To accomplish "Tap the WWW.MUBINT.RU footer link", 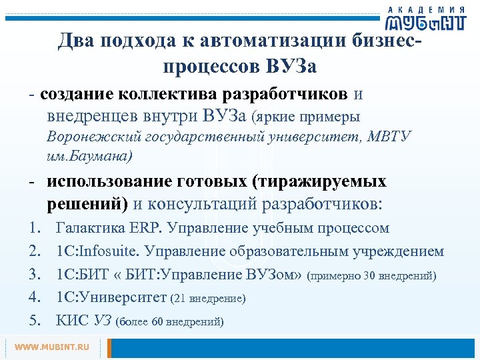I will tap(51, 347).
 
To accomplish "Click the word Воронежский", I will tap(87, 137).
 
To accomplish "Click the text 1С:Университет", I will tap(113, 298).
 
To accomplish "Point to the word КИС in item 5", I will tap(73, 321).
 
